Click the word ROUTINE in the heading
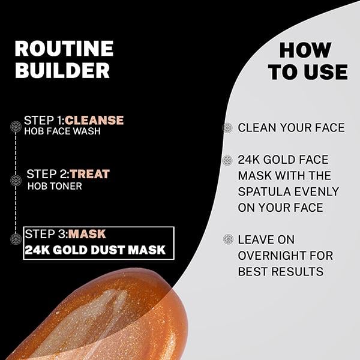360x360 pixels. coord(64,48)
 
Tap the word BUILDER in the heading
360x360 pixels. coord(62,70)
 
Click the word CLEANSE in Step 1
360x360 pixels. coord(94,120)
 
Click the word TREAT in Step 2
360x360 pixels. coord(90,174)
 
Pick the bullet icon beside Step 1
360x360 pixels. coord(16,126)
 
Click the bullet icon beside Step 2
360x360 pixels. coord(16,180)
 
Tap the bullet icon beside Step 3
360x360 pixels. coord(16,239)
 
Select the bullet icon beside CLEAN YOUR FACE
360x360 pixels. coord(227,127)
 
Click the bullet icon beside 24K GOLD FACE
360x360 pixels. coord(227,160)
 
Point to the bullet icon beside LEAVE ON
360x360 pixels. coord(228,239)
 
